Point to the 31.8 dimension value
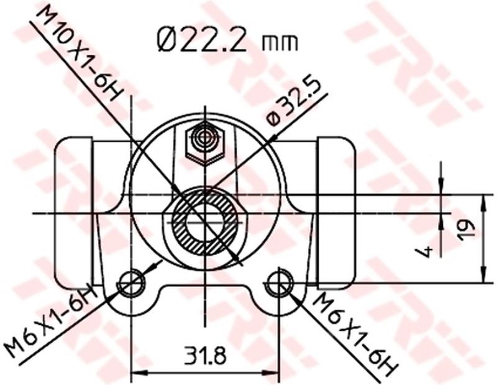[x=204, y=356]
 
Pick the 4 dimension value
[x=426, y=251]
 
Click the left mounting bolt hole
[x=132, y=284]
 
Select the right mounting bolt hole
[x=278, y=284]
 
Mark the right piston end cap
[x=335, y=211]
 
